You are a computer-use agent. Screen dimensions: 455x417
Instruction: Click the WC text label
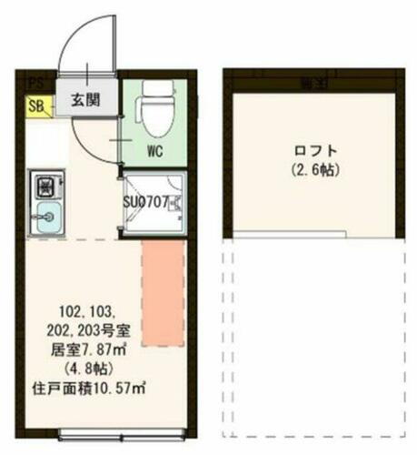(x=154, y=153)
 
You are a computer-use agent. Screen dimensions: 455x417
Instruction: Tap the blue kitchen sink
(x=46, y=218)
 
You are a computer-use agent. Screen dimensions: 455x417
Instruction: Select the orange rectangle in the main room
(x=162, y=291)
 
